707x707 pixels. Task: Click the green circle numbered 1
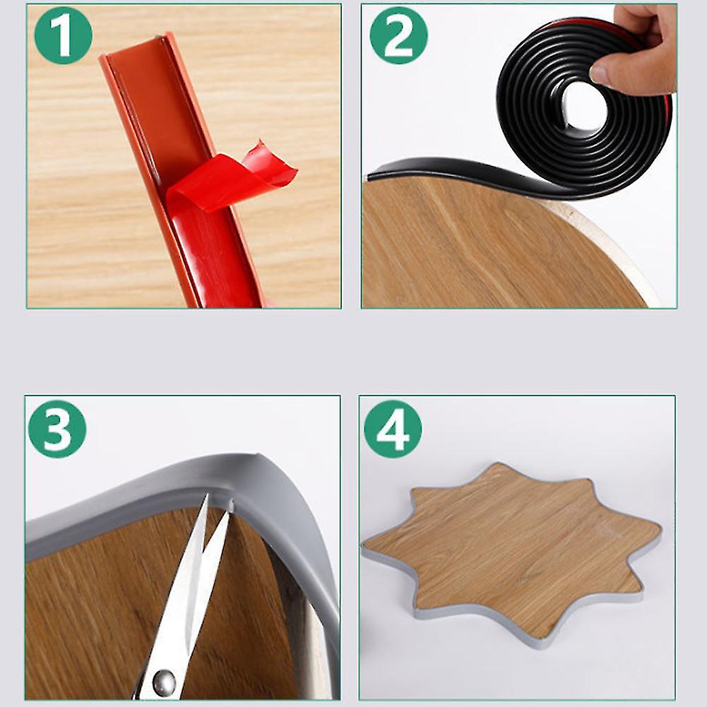click(x=64, y=35)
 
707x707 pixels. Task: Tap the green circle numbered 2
click(x=398, y=35)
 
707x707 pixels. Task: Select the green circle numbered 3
click(x=57, y=429)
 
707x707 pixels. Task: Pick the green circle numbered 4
click(x=393, y=429)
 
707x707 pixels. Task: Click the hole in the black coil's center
click(x=584, y=107)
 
